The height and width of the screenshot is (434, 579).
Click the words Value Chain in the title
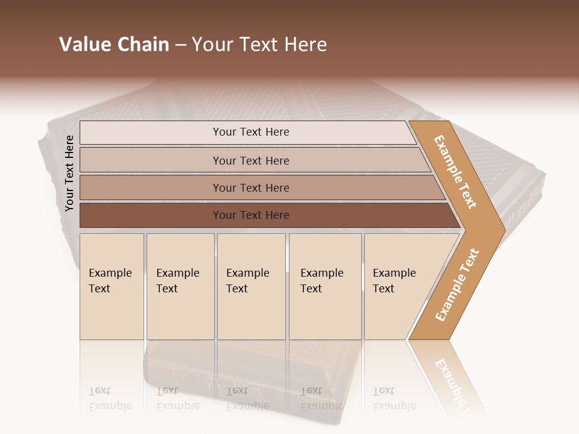coord(114,45)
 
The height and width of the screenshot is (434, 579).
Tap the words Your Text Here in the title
coord(259,45)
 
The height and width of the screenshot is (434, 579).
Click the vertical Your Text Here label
coord(69,173)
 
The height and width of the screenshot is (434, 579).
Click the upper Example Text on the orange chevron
coord(456,171)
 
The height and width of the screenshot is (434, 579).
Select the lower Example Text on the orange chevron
coord(457,285)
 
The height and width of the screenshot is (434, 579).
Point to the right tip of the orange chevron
coord(504,230)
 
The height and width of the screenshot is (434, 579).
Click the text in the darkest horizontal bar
coord(251,215)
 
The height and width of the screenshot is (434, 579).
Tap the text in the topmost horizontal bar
coord(251,132)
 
